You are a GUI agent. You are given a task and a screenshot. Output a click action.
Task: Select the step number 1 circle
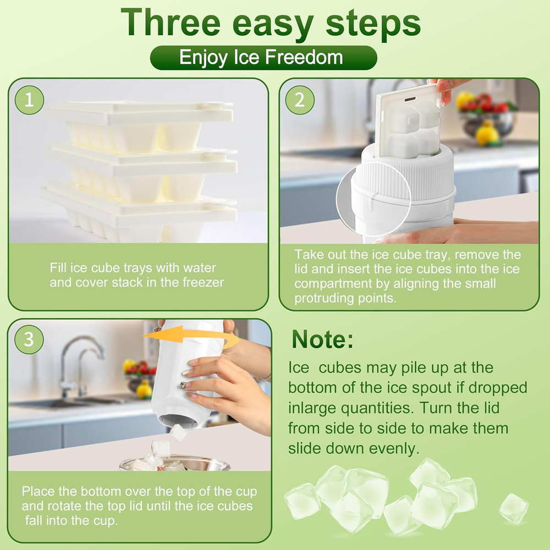(29, 100)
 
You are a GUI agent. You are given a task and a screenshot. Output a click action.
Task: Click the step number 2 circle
(300, 100)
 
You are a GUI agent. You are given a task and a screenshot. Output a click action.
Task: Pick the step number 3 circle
(29, 340)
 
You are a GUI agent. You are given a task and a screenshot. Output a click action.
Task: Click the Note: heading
(323, 339)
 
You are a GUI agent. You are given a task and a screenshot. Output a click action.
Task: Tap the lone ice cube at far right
(513, 508)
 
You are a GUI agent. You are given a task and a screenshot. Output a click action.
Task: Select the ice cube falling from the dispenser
(178, 433)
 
